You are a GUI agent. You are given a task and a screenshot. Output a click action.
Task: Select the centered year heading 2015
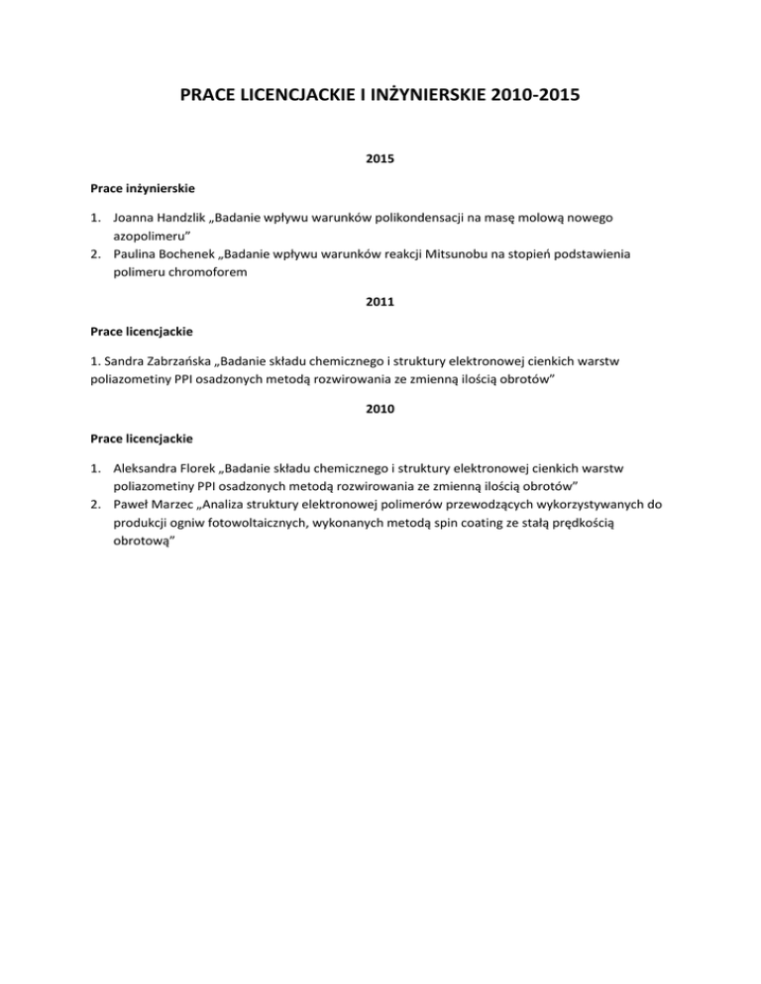[x=380, y=156]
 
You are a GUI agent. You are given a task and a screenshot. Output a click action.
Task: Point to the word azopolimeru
[x=149, y=235]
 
